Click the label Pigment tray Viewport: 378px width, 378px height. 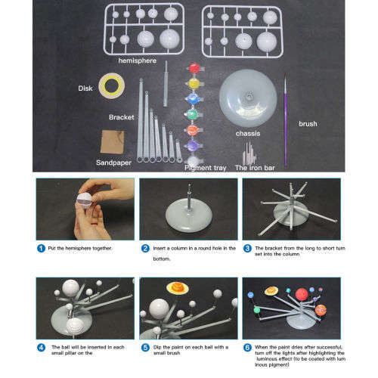tap(206, 168)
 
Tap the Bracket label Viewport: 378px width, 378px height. tap(121, 118)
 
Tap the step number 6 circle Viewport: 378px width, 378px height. tap(246, 347)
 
